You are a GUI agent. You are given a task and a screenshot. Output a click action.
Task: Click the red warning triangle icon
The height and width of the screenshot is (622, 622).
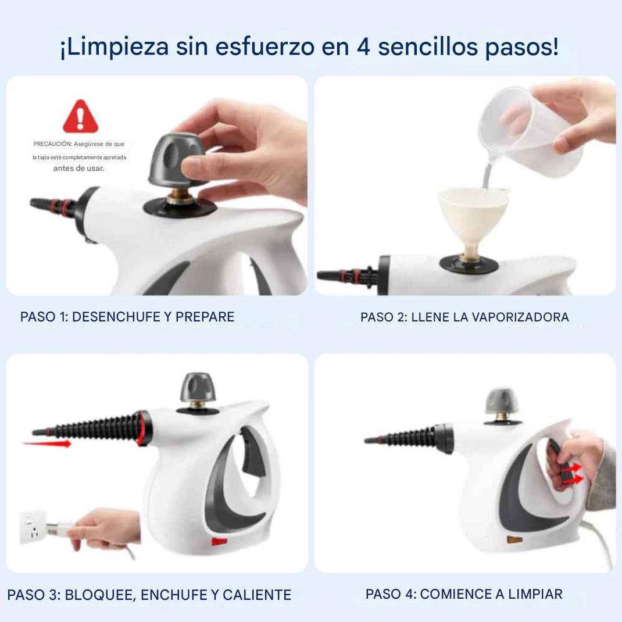[x=81, y=117]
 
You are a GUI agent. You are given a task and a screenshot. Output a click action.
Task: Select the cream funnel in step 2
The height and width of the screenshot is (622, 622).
[x=474, y=222]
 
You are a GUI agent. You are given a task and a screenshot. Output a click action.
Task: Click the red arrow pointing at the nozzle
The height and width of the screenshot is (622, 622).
[x=47, y=443]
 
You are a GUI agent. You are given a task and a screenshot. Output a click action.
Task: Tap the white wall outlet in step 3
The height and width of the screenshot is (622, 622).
[x=34, y=528]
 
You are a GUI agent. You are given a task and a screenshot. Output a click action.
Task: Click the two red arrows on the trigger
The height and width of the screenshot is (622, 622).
[x=573, y=474]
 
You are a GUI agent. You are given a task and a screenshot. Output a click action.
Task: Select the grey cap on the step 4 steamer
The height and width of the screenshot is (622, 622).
[x=502, y=401]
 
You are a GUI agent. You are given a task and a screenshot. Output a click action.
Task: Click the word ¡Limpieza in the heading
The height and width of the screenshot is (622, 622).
[x=115, y=47]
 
